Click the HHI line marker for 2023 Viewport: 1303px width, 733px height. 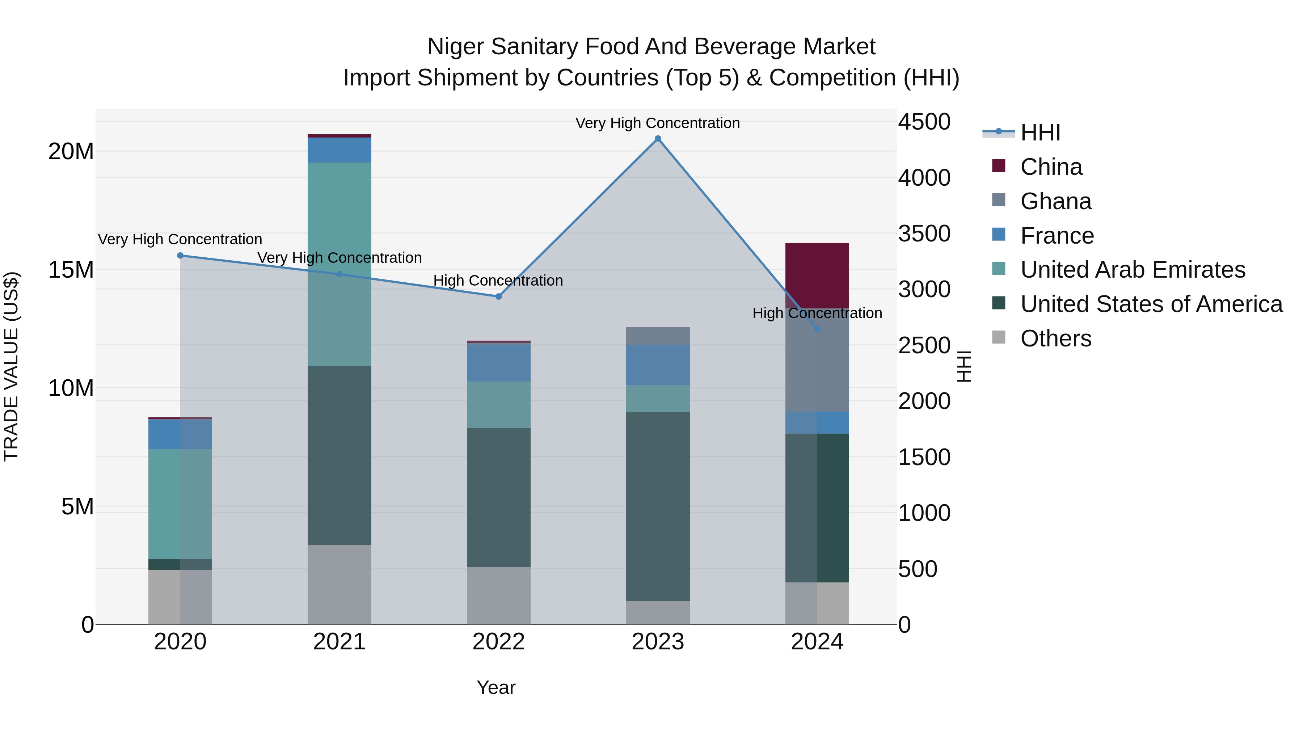click(658, 139)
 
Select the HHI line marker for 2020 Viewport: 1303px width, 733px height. click(180, 256)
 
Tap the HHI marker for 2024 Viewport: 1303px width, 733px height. click(817, 329)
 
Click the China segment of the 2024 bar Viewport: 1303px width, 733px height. click(817, 276)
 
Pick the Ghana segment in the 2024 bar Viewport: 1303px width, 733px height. click(817, 360)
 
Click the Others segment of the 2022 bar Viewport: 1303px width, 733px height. click(498, 595)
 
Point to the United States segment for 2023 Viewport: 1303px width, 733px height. click(658, 506)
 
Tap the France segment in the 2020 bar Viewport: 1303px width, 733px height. click(180, 434)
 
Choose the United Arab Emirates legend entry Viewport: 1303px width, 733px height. click(1132, 270)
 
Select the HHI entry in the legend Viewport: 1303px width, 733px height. click(1040, 132)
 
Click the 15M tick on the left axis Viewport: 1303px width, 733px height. click(71, 270)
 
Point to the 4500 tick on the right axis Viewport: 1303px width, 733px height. click(924, 122)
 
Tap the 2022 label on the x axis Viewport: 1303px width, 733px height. click(498, 642)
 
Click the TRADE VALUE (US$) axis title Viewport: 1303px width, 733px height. click(11, 366)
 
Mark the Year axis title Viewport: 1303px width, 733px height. click(496, 687)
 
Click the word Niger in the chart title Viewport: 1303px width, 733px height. click(456, 47)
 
